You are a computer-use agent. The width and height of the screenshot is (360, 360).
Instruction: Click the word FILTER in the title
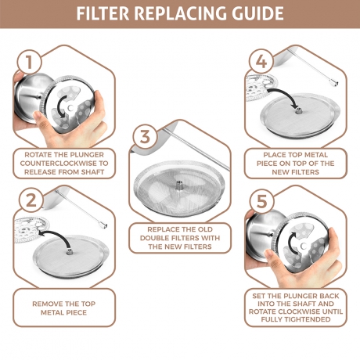point(103,13)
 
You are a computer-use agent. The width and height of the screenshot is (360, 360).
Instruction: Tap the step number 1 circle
point(29,62)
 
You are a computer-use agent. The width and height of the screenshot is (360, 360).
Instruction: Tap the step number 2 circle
point(31,200)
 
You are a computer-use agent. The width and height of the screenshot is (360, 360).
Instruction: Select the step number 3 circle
point(145,137)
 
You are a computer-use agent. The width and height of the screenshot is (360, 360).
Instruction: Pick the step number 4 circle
point(261,62)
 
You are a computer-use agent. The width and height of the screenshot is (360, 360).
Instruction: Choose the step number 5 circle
point(261,201)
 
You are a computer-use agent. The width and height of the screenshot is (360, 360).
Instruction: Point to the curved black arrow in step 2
point(59,233)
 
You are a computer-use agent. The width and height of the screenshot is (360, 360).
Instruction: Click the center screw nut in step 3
point(179,185)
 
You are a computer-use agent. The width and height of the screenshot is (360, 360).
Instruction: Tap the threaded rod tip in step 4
point(333,83)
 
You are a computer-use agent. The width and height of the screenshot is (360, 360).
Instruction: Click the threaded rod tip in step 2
point(103,224)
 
